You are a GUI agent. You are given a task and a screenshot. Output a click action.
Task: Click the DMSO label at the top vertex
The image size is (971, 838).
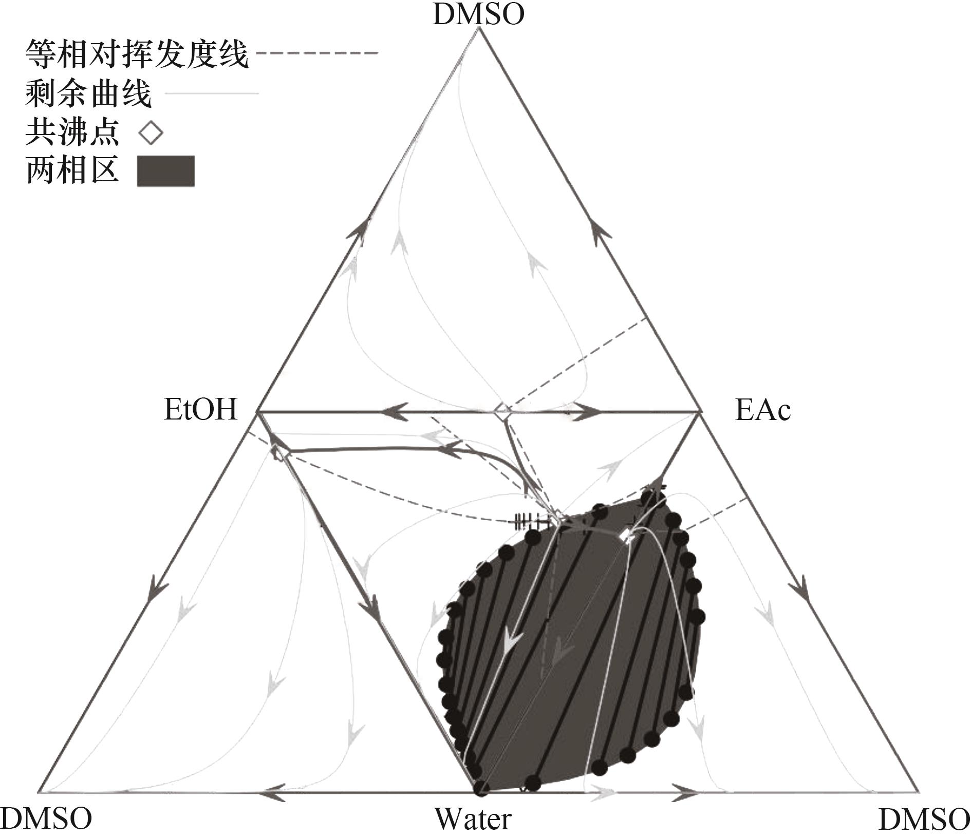[x=478, y=14]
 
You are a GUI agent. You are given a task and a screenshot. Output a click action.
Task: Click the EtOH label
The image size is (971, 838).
[x=201, y=410]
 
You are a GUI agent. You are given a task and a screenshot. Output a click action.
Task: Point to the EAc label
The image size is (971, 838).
[x=762, y=410]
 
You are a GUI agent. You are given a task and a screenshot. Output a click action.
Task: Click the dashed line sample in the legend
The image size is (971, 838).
[x=316, y=53]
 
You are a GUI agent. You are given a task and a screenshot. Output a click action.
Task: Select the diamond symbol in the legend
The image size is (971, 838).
[x=151, y=133]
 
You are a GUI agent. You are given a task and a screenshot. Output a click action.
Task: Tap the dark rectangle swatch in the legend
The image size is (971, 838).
[x=165, y=170]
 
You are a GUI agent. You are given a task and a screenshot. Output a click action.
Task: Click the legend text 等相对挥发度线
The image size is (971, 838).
[x=137, y=54]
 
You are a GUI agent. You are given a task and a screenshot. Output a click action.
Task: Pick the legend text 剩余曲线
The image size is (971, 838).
[x=88, y=93]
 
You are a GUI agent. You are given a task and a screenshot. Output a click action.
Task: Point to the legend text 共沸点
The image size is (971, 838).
[x=72, y=132]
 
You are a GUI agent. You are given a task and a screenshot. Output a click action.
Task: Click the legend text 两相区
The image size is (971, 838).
[x=72, y=170]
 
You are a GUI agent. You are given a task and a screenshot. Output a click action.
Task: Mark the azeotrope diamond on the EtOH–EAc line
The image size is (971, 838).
[x=502, y=410]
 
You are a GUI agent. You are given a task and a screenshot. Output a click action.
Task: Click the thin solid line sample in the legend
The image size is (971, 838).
[x=212, y=93]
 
